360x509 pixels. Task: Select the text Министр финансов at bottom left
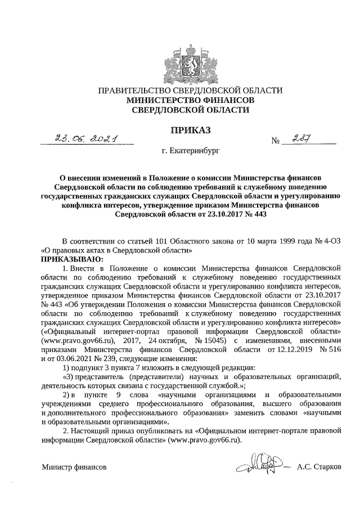coord(74,467)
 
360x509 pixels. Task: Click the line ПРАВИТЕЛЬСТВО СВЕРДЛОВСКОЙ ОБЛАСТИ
coord(190,91)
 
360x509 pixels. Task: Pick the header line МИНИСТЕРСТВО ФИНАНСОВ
coord(190,100)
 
